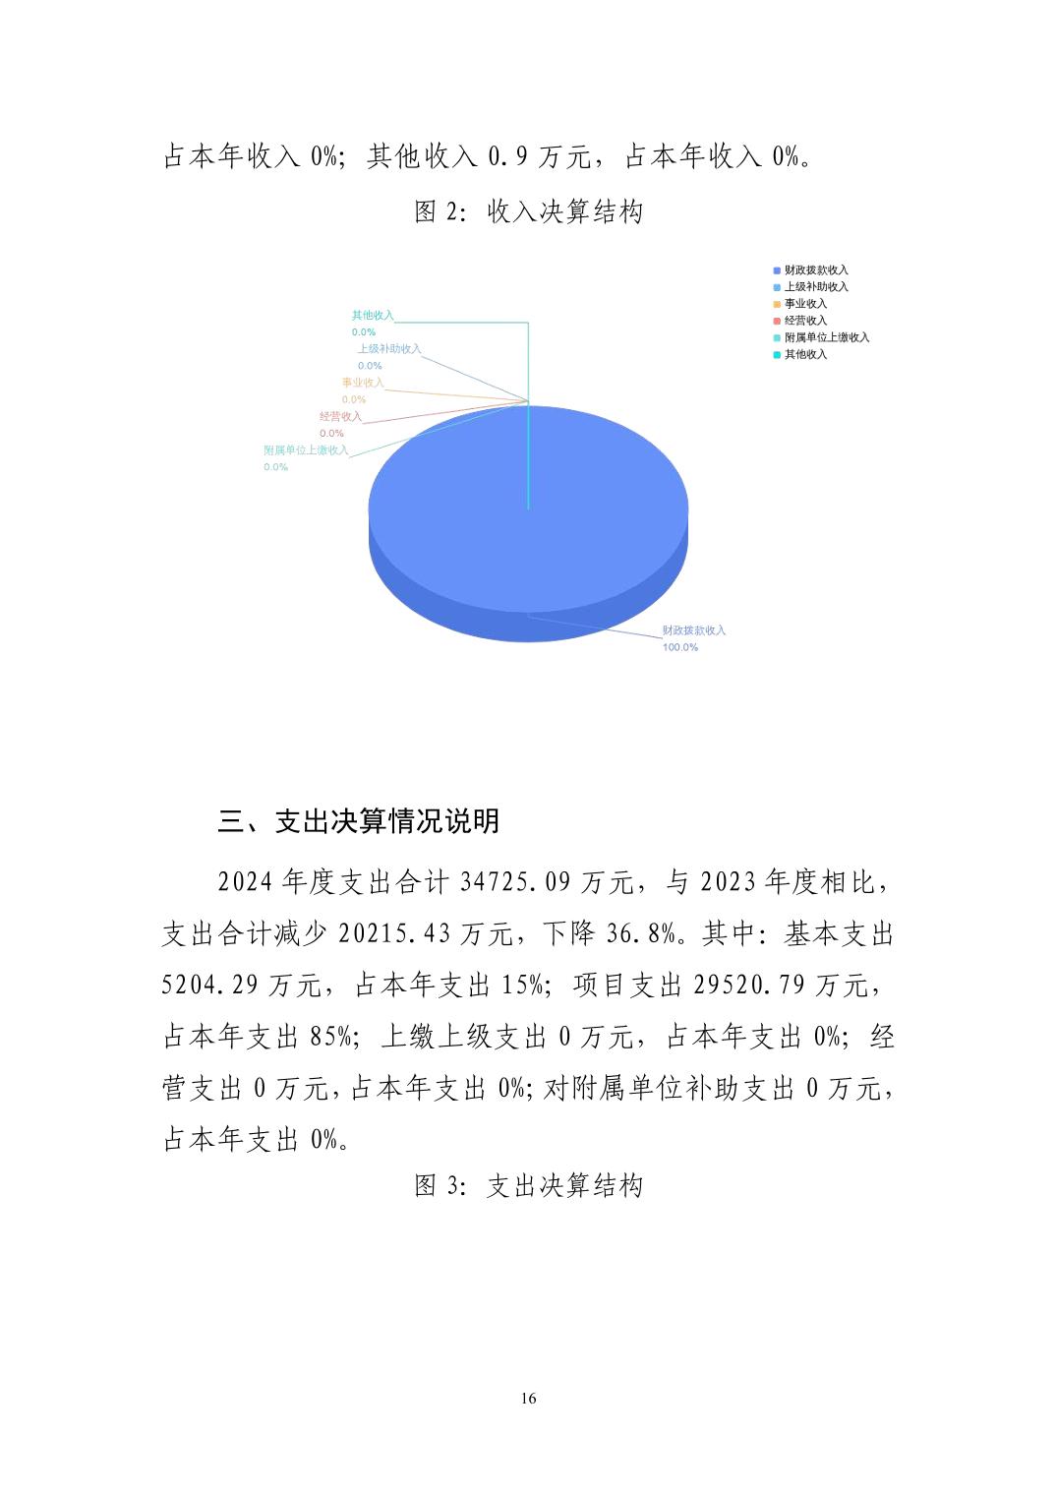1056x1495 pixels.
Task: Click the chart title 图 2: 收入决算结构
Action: point(528,211)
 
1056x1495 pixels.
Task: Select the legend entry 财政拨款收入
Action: point(815,270)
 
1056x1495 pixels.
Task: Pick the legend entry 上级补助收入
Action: point(815,287)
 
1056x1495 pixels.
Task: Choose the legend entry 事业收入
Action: point(805,304)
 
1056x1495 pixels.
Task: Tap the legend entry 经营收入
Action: point(805,321)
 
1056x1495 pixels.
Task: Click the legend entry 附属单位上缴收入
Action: point(826,337)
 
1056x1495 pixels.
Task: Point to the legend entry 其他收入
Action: point(805,354)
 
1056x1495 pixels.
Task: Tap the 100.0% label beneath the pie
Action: point(679,647)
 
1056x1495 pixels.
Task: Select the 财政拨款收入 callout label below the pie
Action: point(693,630)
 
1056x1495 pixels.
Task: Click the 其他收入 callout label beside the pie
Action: point(373,316)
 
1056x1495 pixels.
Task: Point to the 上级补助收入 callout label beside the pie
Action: point(388,349)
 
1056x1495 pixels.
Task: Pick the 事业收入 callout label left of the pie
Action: point(363,383)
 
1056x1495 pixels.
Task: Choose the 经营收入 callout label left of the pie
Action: point(340,417)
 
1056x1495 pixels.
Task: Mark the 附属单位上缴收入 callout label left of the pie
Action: point(306,450)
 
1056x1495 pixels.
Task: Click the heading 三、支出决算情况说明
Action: point(359,821)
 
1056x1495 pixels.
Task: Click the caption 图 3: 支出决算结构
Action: point(528,1186)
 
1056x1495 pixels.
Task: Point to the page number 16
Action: point(529,1399)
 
